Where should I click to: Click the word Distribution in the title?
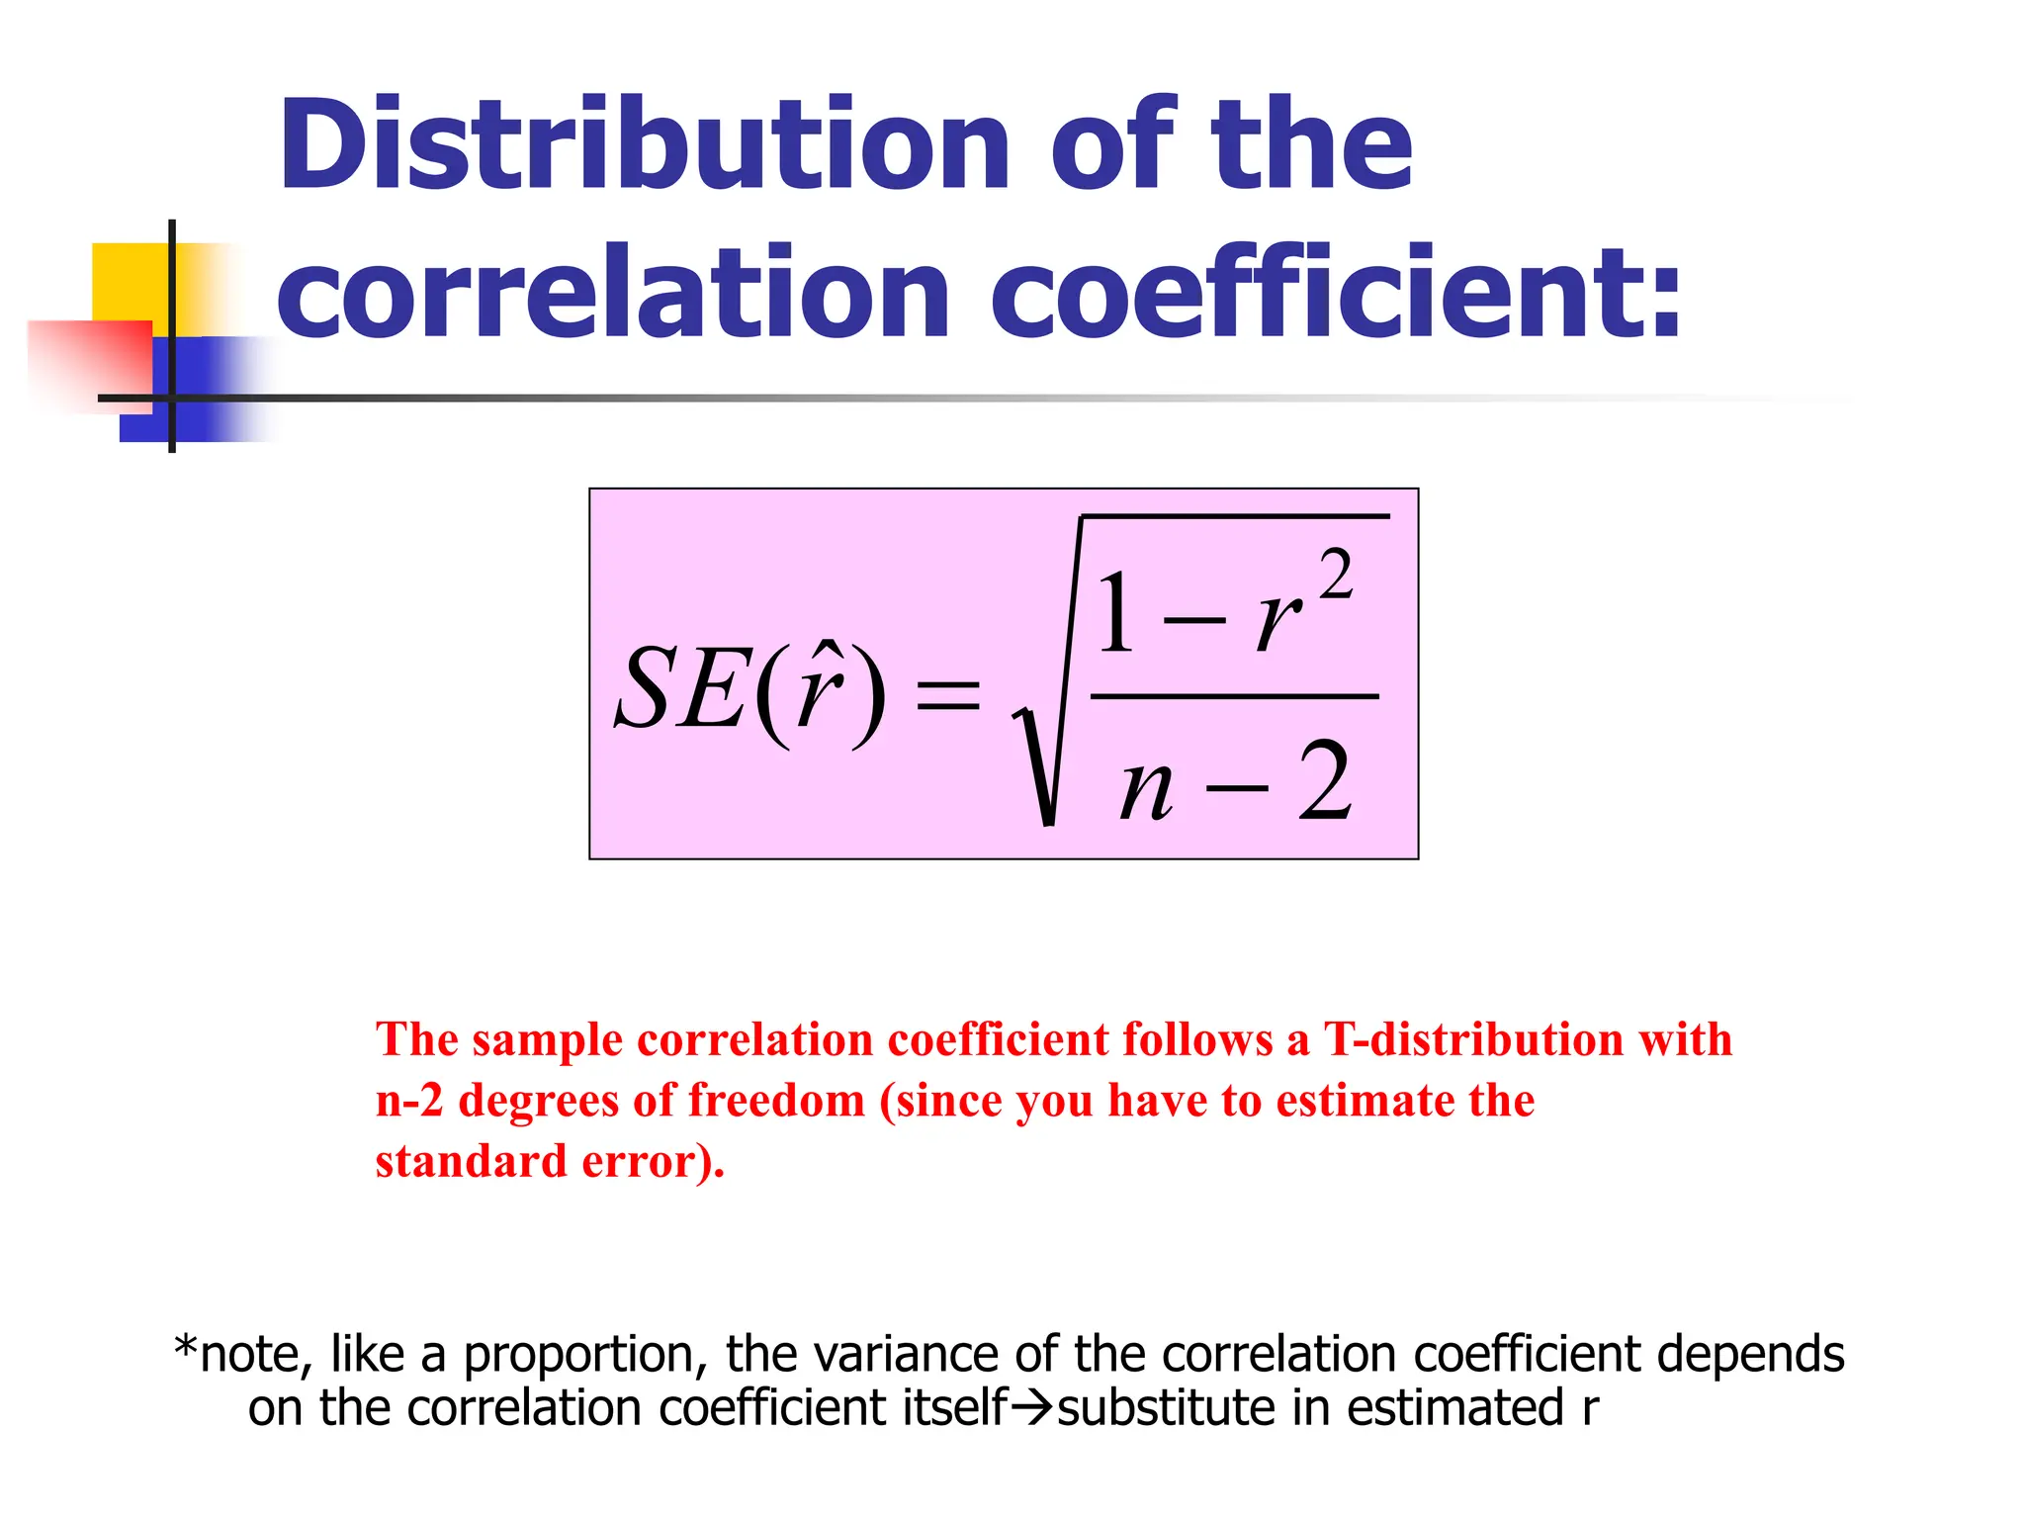(644, 145)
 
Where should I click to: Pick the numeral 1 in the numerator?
(1116, 613)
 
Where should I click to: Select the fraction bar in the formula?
(1234, 696)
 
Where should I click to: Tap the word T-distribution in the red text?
(1472, 1040)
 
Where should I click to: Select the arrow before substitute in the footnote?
(1033, 1407)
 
